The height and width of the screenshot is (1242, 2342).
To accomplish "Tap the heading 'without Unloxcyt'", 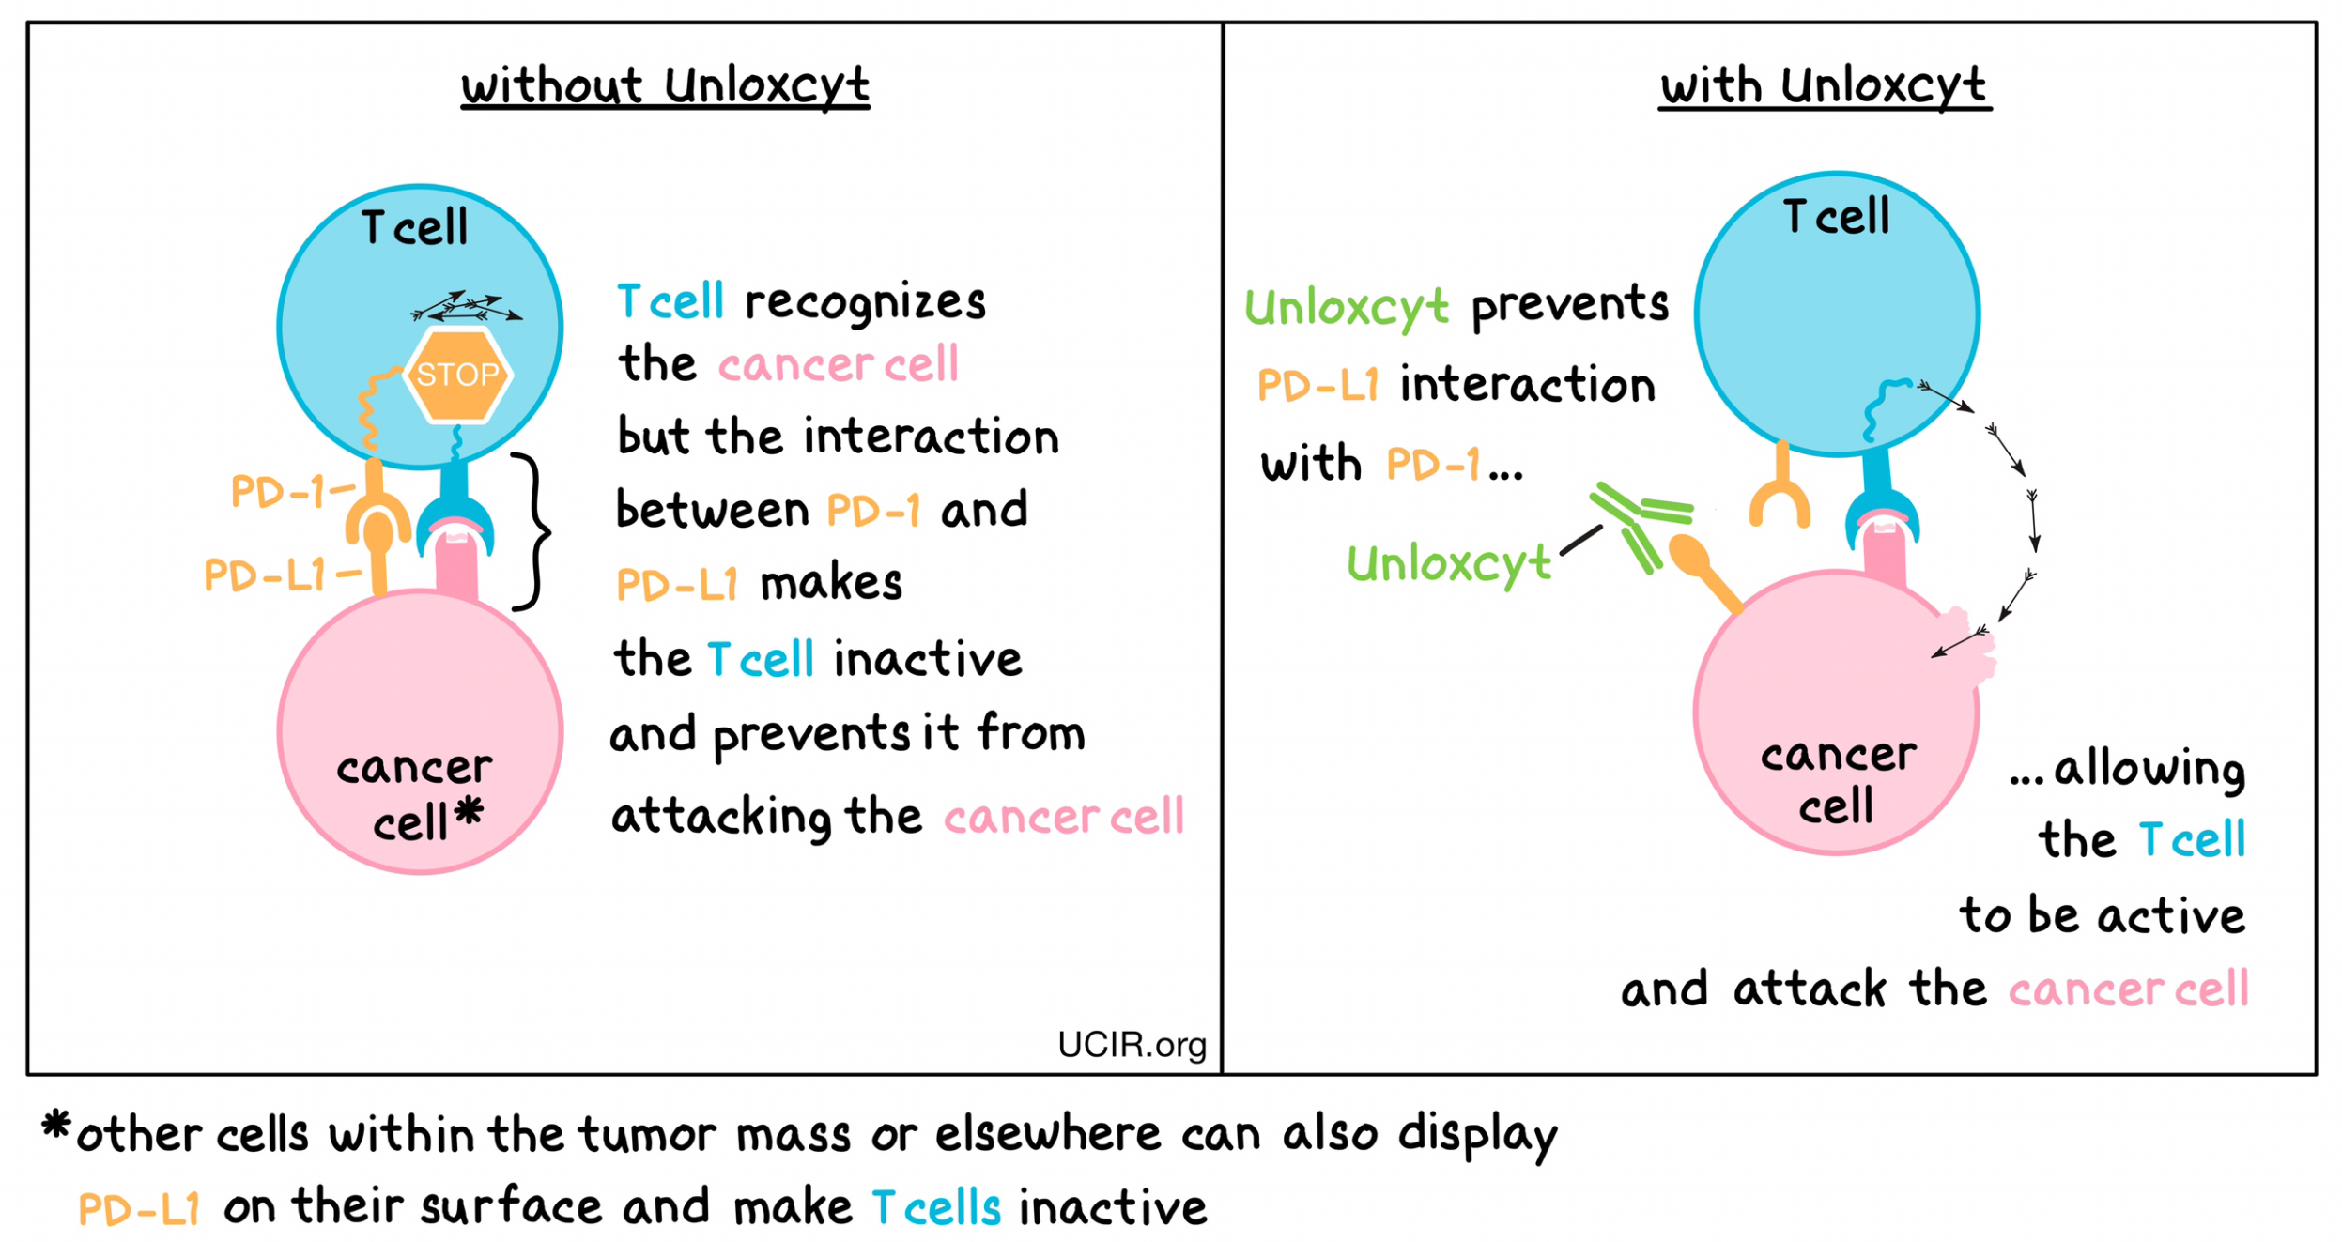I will pyautogui.click(x=664, y=85).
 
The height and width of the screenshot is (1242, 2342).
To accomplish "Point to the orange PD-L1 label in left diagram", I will pyautogui.click(x=265, y=575).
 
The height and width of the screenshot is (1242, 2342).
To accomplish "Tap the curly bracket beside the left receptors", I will pyautogui.click(x=532, y=531).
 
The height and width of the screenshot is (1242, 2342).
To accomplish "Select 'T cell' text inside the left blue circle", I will pyautogui.click(x=414, y=227).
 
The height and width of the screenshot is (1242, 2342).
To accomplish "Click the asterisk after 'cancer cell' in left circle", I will pyautogui.click(x=468, y=812).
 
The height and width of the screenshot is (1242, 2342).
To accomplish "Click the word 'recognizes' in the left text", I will pyautogui.click(x=864, y=302).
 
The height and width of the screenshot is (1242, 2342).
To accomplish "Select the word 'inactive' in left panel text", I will pyautogui.click(x=927, y=659).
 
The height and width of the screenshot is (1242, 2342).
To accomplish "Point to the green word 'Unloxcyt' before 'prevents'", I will pyautogui.click(x=1345, y=307).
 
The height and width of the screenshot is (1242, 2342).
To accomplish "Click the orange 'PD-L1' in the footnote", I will pyautogui.click(x=139, y=1208).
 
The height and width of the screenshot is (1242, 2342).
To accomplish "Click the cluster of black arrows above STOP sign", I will pyautogui.click(x=467, y=306).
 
